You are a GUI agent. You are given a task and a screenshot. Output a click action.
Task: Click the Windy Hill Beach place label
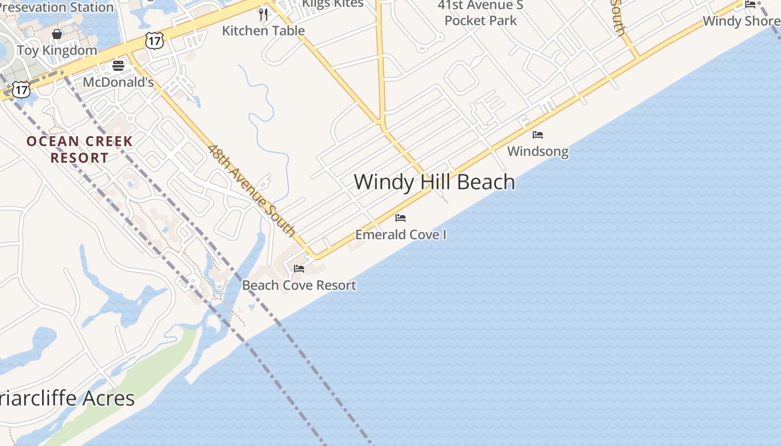pos(434,182)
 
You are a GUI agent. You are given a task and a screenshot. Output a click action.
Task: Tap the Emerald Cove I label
pos(401,234)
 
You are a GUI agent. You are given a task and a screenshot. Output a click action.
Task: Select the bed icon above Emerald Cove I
pos(401,217)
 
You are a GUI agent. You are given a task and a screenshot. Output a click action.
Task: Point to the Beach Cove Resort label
pos(299,285)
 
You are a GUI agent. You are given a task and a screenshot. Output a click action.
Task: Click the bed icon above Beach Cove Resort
pos(299,269)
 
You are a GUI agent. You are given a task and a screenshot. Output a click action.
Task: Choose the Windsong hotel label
pos(538,151)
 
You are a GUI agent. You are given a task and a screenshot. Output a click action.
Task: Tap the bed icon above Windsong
pos(538,135)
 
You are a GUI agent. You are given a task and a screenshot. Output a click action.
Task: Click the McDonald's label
pos(118,82)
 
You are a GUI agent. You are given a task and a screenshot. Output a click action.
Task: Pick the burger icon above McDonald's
pos(118,66)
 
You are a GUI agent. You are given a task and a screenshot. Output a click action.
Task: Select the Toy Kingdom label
pos(57,50)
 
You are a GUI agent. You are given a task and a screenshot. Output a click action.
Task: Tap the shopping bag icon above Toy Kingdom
pos(57,34)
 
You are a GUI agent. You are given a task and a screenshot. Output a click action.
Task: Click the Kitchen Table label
pos(263,30)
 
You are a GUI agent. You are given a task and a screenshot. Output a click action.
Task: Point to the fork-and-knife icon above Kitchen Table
pos(263,14)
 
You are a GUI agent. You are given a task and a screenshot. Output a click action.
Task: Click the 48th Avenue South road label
pos(252,190)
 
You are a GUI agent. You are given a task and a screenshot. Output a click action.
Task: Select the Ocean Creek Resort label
pos(79,149)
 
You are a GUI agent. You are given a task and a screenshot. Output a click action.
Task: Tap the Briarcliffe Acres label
pos(67,398)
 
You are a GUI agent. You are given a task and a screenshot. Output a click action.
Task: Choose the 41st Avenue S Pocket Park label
pos(481,13)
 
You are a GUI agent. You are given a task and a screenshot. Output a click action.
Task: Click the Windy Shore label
pos(741,21)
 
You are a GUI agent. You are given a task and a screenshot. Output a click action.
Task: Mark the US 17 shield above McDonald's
pos(155,40)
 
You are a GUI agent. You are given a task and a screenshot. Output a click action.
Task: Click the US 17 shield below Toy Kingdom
pos(21,90)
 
